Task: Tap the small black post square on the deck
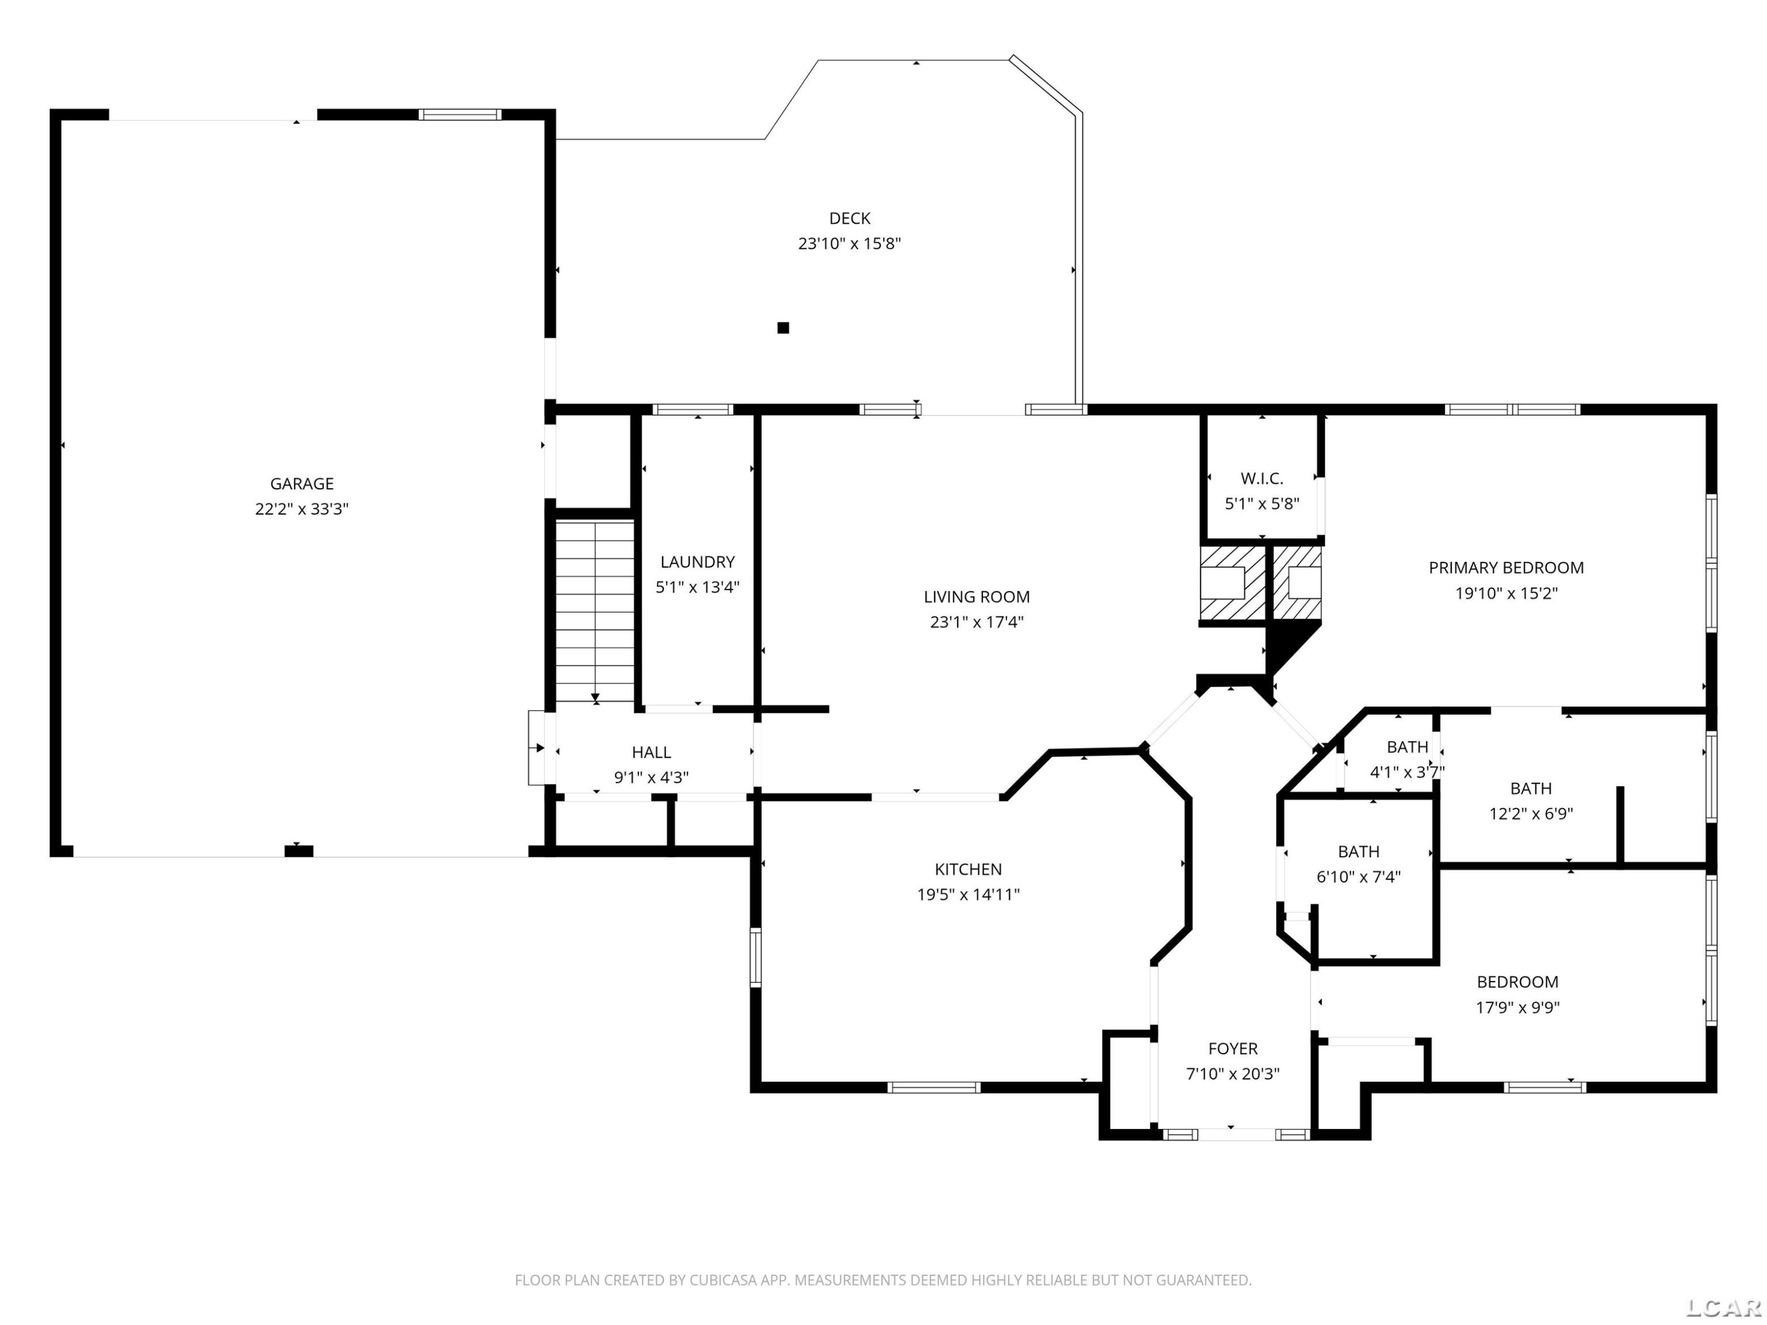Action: pos(783,327)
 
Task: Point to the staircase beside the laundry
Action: pos(594,612)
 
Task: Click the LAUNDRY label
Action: pos(697,561)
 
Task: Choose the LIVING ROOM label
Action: pos(976,597)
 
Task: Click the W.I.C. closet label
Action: pos(1262,478)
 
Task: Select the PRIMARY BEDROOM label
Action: pos(1506,568)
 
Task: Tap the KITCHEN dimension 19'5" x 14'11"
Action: pos(968,895)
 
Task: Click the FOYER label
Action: pos(1233,1049)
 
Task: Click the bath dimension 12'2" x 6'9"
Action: pos(1531,814)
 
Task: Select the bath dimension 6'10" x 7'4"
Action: pos(1358,877)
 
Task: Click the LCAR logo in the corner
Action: pos(1724,1307)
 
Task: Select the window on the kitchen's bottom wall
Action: pos(933,1087)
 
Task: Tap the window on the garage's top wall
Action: pos(460,114)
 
